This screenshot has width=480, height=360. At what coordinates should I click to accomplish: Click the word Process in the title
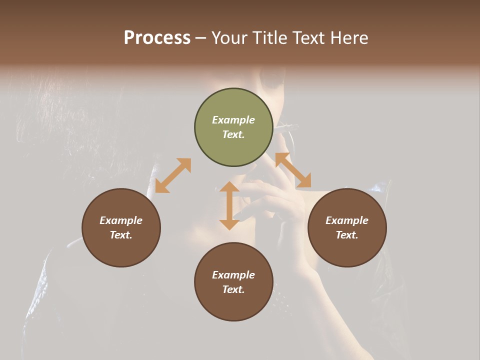pos(157,38)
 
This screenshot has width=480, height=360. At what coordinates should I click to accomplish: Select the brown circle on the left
pos(121,227)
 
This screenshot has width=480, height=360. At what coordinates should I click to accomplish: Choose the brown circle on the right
pos(347,227)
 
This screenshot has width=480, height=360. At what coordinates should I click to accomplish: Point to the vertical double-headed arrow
pos(229,205)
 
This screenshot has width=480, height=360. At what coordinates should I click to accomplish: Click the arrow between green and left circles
pos(173,175)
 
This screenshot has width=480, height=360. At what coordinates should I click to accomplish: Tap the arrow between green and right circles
pos(293,170)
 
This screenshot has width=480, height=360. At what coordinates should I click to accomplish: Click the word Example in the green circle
pos(233,120)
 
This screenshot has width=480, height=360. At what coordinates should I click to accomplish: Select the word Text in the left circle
pos(121,235)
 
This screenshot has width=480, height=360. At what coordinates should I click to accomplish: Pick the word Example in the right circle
pos(347,220)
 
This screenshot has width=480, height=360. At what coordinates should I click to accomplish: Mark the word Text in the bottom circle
pos(233,289)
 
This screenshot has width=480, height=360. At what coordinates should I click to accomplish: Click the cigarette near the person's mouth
pos(287,127)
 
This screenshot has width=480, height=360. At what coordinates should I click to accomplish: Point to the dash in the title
pos(201,38)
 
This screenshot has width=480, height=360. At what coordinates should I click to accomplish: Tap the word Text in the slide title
pos(309,38)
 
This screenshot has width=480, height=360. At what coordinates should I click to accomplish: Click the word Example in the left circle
pos(121,220)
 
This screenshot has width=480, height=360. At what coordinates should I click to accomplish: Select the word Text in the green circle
pos(233,134)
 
